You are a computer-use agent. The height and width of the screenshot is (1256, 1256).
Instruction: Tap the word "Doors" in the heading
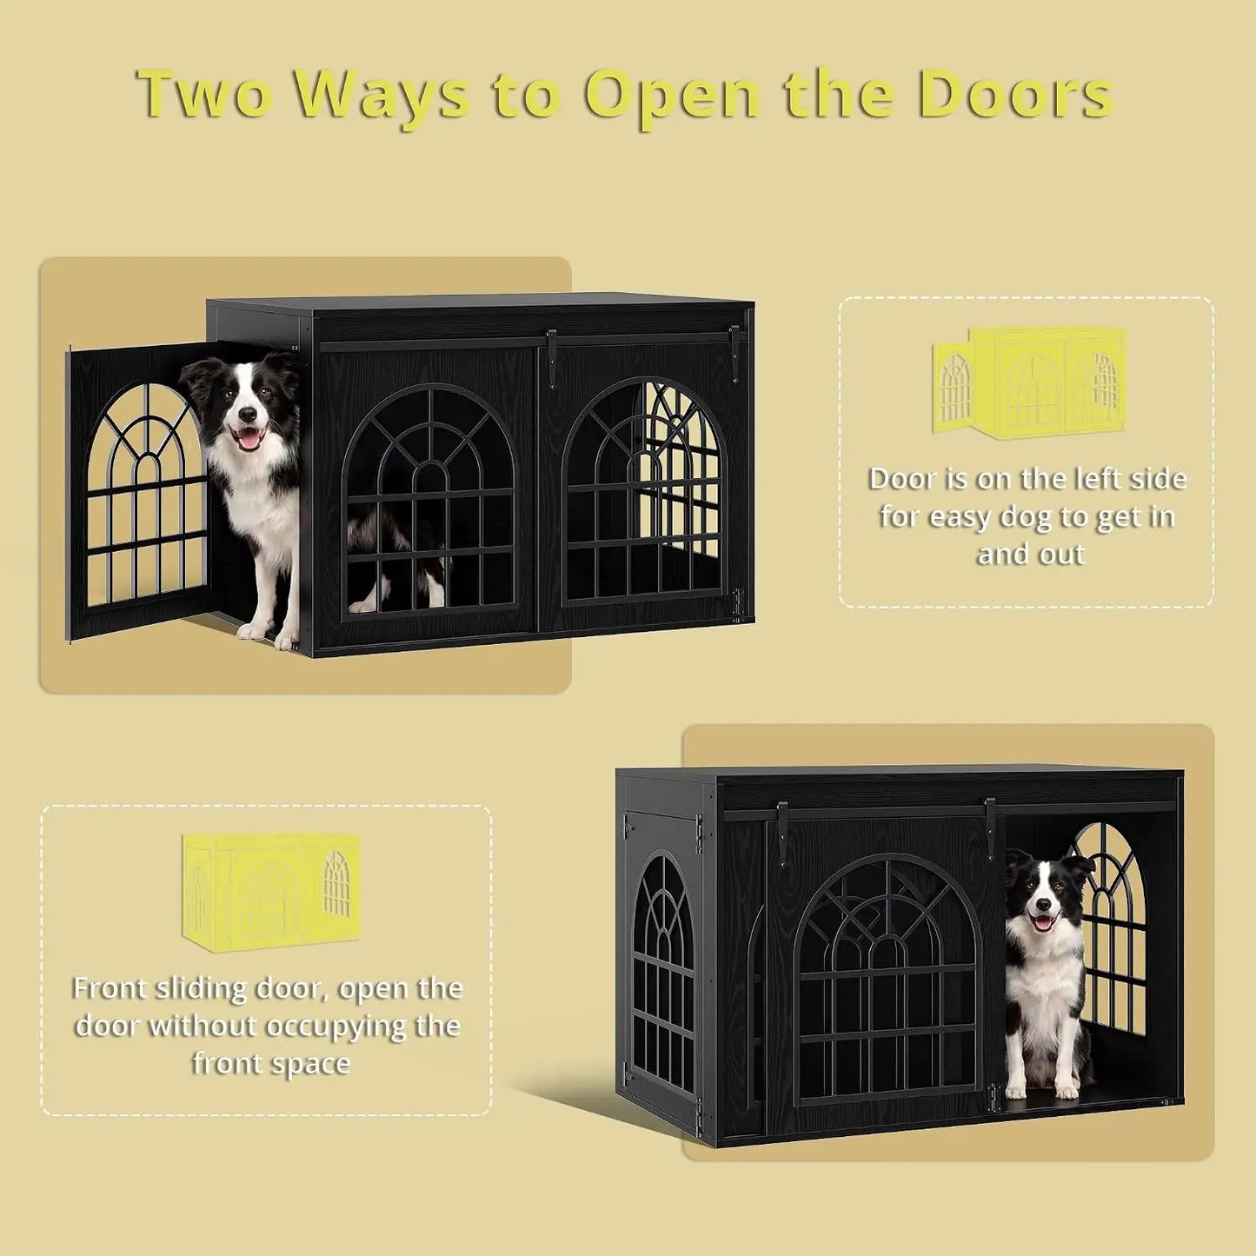(x=1013, y=95)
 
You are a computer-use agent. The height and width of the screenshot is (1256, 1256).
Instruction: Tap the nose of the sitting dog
(x=1043, y=904)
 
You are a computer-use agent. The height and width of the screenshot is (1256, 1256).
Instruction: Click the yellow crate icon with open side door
(x=1030, y=382)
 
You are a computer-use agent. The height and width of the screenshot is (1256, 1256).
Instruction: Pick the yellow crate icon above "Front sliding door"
(x=270, y=891)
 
